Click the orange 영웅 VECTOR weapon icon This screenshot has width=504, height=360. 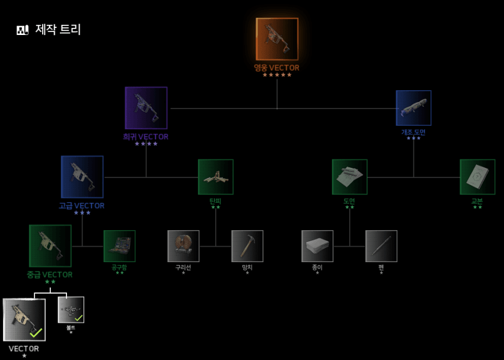pos(277,39)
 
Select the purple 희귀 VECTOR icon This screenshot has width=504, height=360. pos(146,108)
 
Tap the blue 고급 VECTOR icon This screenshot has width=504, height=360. pos(82,177)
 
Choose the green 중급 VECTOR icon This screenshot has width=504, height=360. pos(50,246)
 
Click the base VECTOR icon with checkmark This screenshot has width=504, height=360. pos(24,320)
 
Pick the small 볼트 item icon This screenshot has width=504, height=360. pos(71,310)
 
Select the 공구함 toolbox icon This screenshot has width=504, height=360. pos(120,246)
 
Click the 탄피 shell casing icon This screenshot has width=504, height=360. pos(216,177)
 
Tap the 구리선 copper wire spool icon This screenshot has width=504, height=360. pos(183,246)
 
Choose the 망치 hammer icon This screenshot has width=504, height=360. pos(247,246)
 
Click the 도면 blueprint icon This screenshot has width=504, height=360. pos(350,177)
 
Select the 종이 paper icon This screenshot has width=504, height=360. pos(317,246)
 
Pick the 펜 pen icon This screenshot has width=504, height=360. pos(381,246)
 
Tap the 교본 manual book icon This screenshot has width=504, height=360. pos(477,177)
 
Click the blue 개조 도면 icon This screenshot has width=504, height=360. pos(413,108)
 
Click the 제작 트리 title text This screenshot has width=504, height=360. pos(58,29)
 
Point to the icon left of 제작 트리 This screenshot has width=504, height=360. pos(22,30)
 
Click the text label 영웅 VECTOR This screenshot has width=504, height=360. pos(277,68)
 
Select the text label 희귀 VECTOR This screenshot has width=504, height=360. pos(146,137)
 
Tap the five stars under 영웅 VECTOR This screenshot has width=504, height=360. pos(277,75)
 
